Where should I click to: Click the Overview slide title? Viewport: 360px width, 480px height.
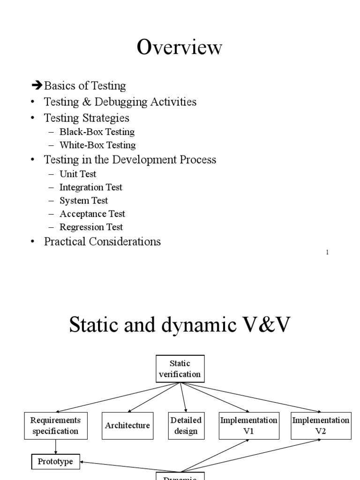click(180, 48)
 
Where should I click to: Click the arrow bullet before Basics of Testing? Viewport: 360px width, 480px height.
click(37, 85)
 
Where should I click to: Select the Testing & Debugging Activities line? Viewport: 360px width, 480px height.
click(120, 102)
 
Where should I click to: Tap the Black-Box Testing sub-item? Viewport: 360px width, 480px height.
click(97, 132)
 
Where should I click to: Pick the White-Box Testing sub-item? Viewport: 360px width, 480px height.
click(97, 145)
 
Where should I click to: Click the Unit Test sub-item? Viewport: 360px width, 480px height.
click(78, 174)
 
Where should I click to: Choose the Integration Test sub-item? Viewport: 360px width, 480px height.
click(91, 187)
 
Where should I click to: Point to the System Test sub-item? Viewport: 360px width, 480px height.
click(83, 201)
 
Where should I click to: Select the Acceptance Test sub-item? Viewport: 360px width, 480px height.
click(92, 214)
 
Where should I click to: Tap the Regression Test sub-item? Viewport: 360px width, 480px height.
click(91, 227)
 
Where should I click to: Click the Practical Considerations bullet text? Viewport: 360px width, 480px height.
click(102, 242)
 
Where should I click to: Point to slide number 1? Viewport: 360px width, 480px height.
click(327, 253)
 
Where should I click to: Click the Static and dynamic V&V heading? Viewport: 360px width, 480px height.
click(180, 325)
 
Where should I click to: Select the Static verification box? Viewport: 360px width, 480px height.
click(180, 368)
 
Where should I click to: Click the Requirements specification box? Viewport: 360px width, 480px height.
click(56, 426)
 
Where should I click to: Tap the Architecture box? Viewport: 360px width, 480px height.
click(127, 426)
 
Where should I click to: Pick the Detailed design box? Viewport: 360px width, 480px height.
click(186, 426)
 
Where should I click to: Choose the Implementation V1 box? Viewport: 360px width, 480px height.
click(249, 426)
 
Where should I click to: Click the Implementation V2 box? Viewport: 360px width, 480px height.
click(321, 426)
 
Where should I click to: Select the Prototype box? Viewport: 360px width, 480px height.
click(55, 462)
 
